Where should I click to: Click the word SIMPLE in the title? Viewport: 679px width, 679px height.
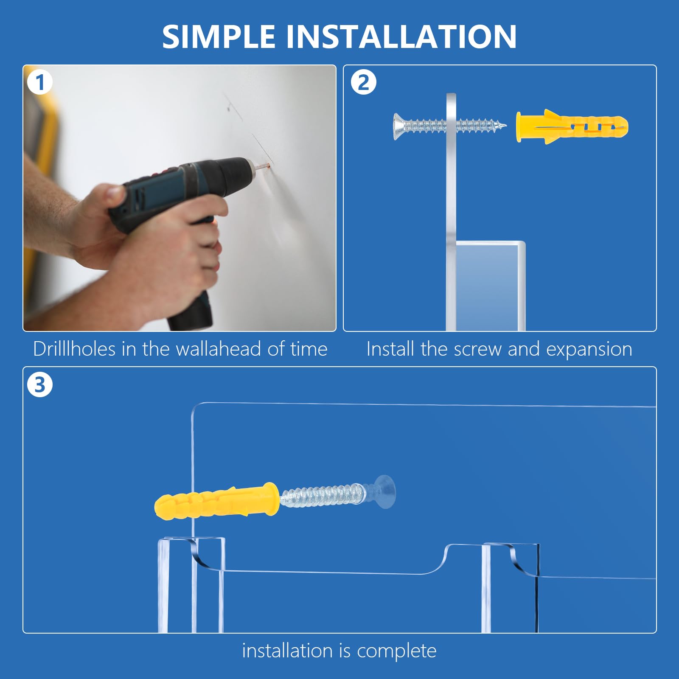[219, 36]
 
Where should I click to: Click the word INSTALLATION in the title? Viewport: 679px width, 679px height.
[401, 36]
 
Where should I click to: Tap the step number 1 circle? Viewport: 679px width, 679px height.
[40, 82]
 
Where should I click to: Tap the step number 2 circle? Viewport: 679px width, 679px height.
[364, 82]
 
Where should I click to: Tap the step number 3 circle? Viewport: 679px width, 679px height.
[40, 385]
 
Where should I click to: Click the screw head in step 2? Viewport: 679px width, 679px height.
[398, 126]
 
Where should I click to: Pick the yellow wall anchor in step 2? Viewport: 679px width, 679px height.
[572, 127]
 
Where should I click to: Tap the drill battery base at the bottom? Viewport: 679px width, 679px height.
[191, 312]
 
